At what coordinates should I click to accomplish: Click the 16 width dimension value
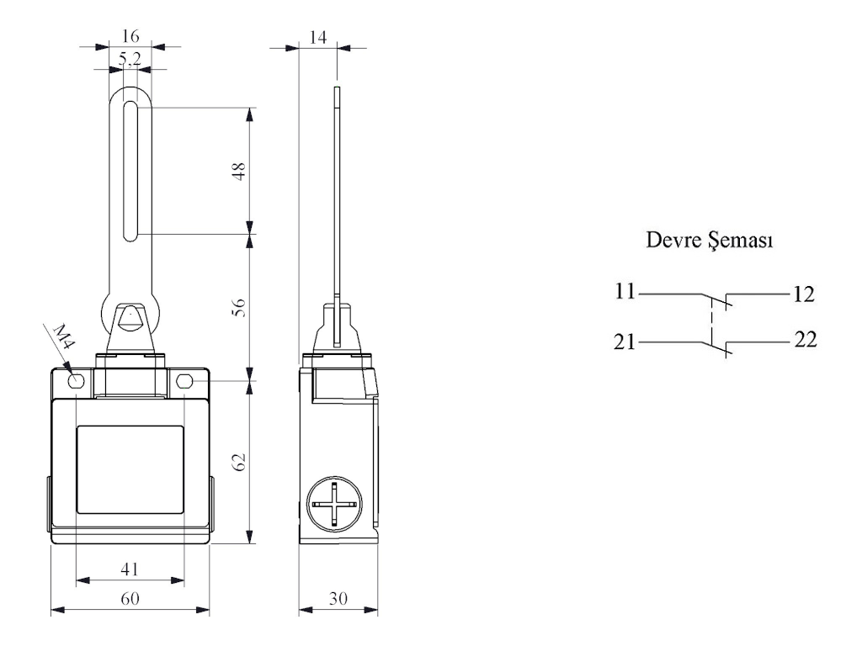(130, 36)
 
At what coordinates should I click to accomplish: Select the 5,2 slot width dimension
(130, 58)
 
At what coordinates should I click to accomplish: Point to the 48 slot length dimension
(238, 172)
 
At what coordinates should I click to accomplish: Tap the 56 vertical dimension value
(238, 308)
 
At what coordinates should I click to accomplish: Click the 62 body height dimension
(238, 462)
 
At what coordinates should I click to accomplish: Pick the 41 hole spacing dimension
(130, 569)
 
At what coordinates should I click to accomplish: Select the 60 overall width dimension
(130, 598)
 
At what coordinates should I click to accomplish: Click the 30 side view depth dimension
(338, 598)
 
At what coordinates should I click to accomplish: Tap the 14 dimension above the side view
(317, 37)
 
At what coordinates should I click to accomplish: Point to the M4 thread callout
(63, 336)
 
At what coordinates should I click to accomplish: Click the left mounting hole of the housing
(76, 381)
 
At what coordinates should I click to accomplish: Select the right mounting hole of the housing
(184, 381)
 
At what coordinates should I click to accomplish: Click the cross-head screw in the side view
(335, 504)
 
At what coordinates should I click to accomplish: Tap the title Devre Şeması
(709, 240)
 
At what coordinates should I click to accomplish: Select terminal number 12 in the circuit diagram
(803, 294)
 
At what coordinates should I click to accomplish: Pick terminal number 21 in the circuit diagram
(625, 342)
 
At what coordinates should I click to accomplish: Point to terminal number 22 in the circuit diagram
(806, 340)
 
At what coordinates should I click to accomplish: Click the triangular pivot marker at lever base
(130, 319)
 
